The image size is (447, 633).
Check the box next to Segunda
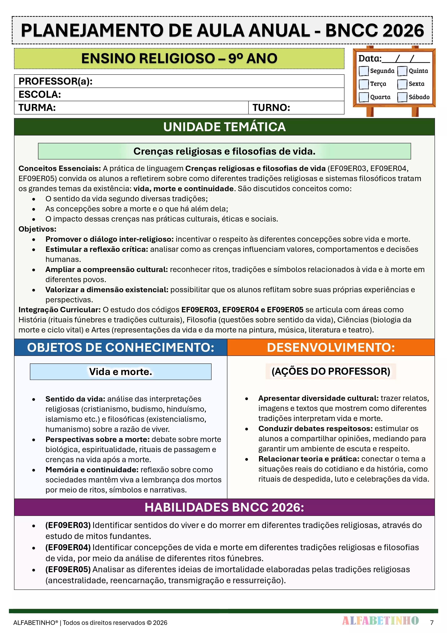click(364, 71)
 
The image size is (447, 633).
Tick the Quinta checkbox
click(402, 71)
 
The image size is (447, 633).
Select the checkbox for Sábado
click(402, 97)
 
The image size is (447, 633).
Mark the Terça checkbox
click(364, 84)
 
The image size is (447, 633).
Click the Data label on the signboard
click(370, 58)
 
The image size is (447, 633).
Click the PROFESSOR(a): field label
click(55, 81)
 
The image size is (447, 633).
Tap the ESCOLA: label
click(40, 95)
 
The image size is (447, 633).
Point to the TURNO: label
click(271, 108)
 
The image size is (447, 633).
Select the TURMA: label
click(37, 108)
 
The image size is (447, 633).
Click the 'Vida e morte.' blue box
click(121, 372)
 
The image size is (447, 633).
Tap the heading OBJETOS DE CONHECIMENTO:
click(121, 347)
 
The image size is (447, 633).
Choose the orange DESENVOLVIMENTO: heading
click(331, 347)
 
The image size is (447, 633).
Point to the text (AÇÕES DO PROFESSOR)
click(331, 371)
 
